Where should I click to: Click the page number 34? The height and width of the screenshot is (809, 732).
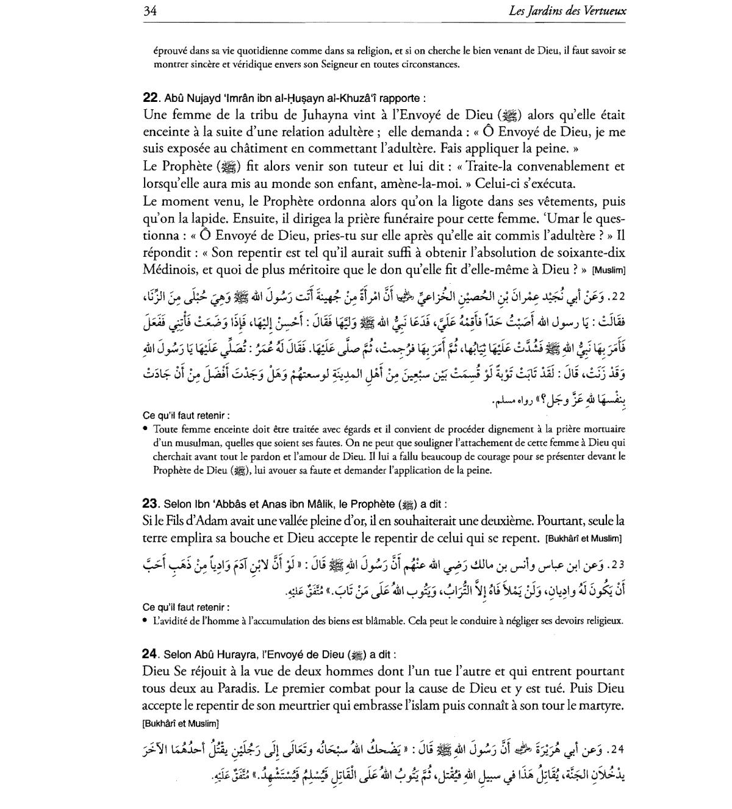(x=150, y=11)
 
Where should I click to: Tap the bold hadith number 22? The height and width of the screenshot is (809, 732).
(x=150, y=97)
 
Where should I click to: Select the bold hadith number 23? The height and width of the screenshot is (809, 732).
(x=150, y=504)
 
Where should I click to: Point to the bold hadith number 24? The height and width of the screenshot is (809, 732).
(x=150, y=654)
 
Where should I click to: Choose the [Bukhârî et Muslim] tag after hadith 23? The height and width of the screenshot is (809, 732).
(x=583, y=539)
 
